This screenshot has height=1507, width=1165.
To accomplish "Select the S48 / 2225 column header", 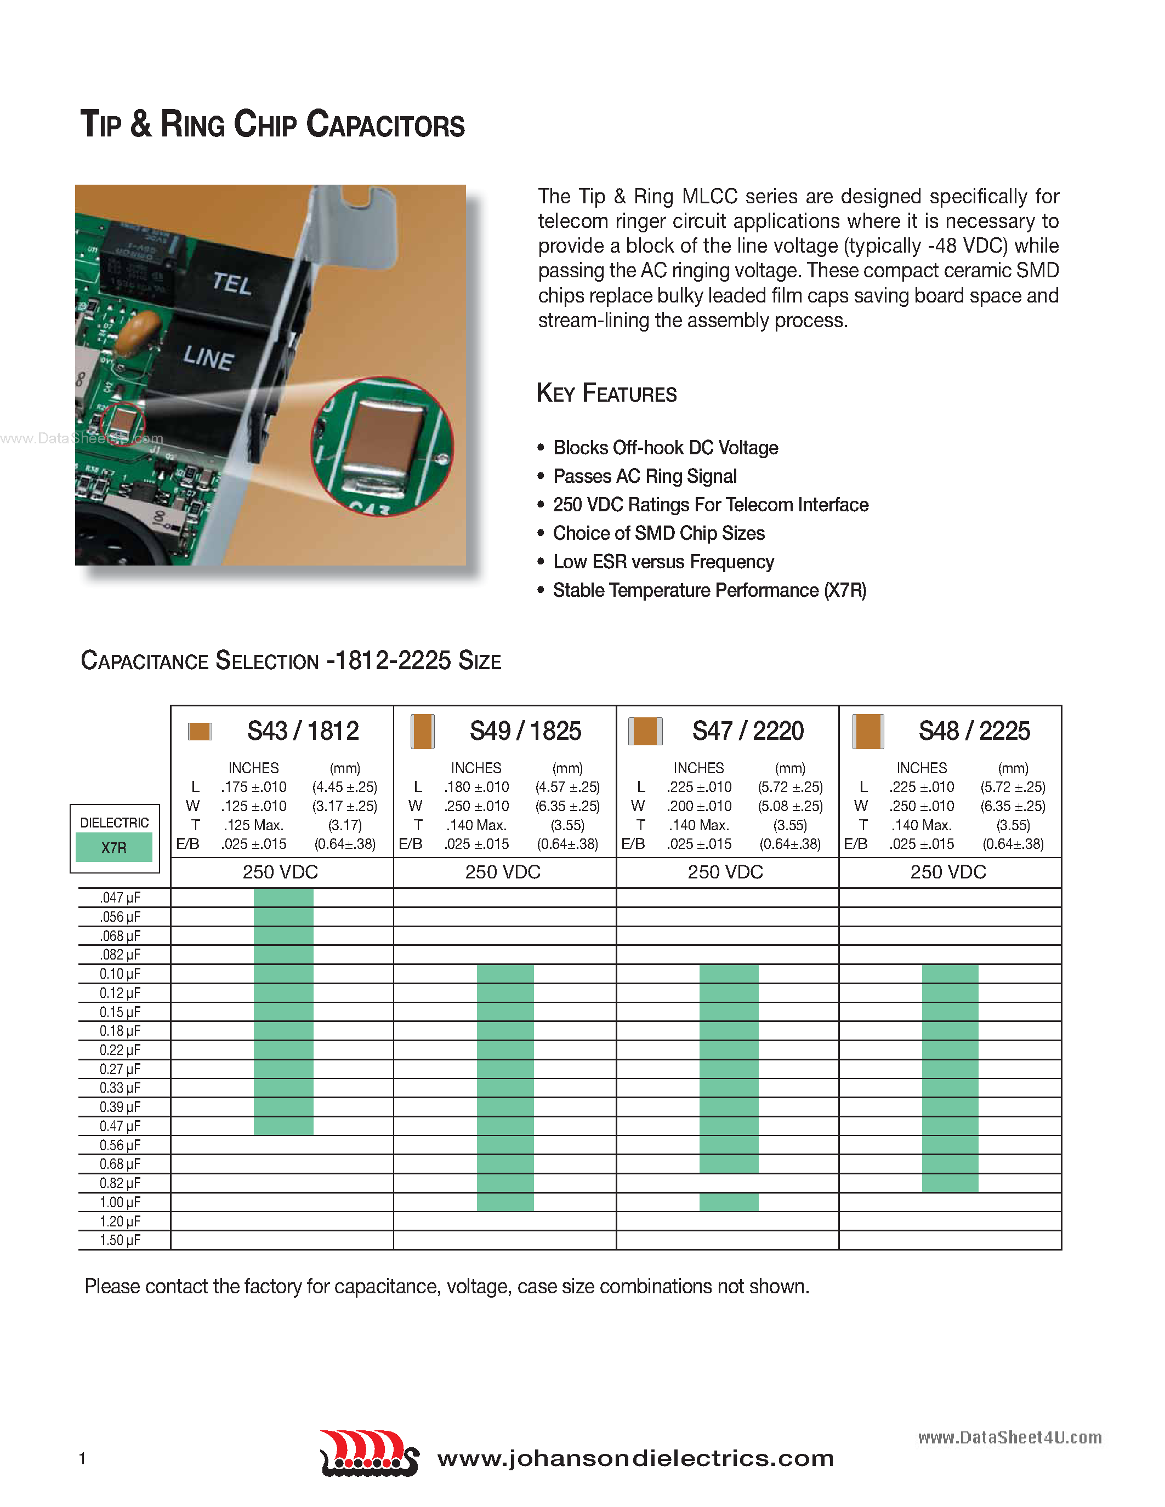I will tap(974, 730).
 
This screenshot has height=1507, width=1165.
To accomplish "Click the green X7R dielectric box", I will tap(114, 847).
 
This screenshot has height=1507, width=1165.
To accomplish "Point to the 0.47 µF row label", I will tap(120, 1126).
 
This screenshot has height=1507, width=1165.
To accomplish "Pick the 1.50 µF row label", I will tap(120, 1240).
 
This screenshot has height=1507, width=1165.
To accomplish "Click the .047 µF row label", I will tap(120, 898).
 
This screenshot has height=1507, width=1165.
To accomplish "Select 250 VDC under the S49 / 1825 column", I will tap(502, 872).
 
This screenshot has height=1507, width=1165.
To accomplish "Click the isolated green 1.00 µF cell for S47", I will tap(729, 1202).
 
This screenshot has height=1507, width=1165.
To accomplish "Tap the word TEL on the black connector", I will tap(232, 283).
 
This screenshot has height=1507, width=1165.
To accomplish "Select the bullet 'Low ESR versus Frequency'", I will tap(663, 562).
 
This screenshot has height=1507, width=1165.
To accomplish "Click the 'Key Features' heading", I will tap(607, 393).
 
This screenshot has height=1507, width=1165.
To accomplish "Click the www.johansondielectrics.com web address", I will tap(635, 1458).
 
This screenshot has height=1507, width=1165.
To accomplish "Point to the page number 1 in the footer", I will tap(83, 1458).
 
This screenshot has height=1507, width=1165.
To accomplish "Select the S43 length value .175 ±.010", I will tap(254, 786).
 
